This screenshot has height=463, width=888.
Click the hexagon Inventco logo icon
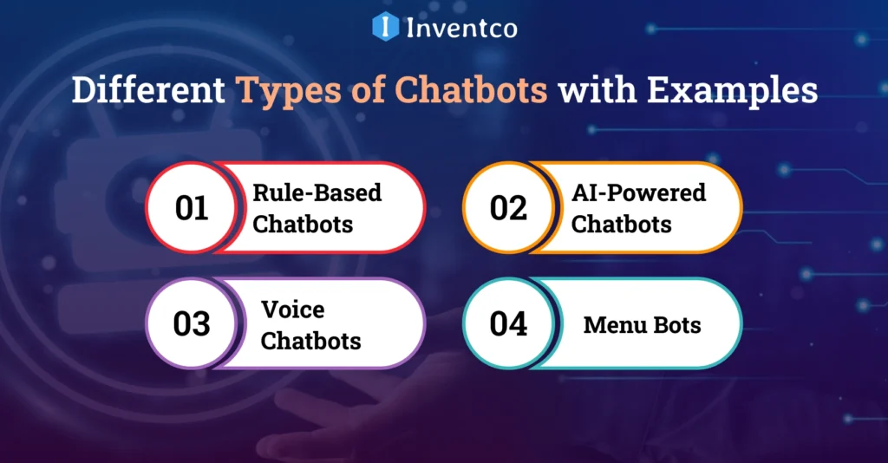[x=385, y=26]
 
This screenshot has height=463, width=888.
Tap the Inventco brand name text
[x=461, y=28]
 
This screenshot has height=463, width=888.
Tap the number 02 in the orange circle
[x=508, y=208]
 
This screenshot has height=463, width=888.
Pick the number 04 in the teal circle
[x=508, y=323]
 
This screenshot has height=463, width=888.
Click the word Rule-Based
[x=317, y=192]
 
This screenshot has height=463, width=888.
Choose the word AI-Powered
[x=638, y=192]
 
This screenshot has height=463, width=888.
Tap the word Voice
[x=292, y=309]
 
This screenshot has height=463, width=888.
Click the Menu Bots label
[x=642, y=325]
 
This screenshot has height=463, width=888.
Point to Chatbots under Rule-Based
[x=303, y=224]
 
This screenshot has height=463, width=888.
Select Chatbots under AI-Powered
[x=621, y=224]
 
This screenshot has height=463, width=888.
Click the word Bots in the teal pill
[x=674, y=325]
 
